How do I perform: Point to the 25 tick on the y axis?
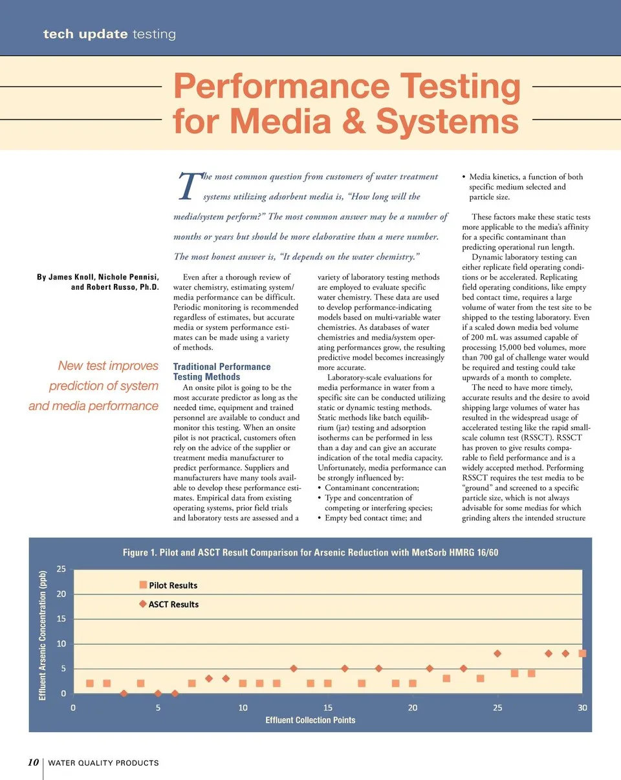coord(60,569)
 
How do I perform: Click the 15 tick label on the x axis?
coord(328,707)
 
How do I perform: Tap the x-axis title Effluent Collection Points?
coord(310,720)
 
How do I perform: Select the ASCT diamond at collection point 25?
coord(497,654)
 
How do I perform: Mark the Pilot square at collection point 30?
coord(582,653)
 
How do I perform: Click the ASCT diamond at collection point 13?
coord(294,669)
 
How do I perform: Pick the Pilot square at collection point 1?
coord(90,684)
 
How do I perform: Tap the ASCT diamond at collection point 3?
coord(124,694)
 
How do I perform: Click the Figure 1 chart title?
coord(310,552)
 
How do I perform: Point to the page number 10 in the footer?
coord(34,763)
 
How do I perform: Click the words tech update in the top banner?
coord(85,34)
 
